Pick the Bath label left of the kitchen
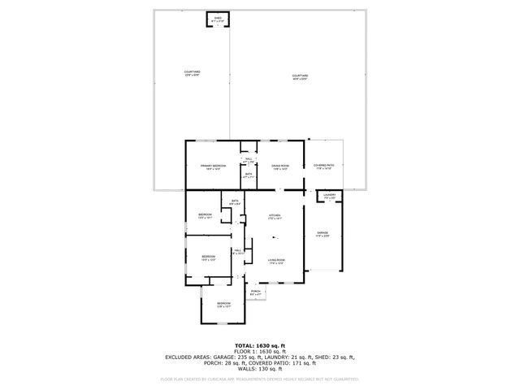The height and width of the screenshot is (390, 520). (x=234, y=202)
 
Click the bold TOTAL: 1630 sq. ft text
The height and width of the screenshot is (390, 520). (x=259, y=345)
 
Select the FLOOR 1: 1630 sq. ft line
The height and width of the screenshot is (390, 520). (x=259, y=351)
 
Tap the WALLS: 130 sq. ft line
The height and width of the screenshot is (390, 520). (x=259, y=368)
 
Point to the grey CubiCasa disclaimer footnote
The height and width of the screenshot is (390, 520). (x=259, y=379)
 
